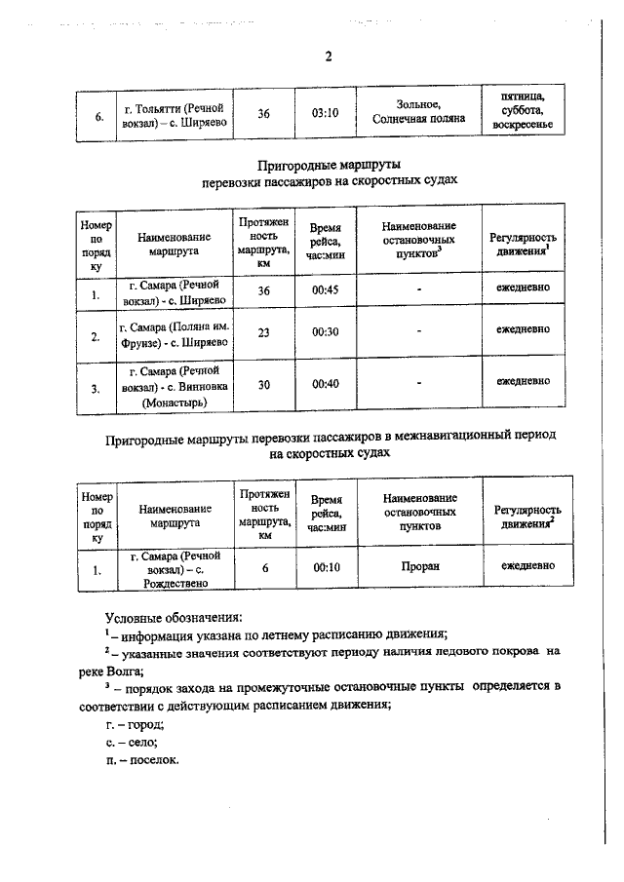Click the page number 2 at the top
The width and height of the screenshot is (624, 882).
point(328,57)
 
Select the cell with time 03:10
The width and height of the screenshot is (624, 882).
point(325,113)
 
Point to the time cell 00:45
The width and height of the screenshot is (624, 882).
point(325,291)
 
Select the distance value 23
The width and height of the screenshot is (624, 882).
point(263,332)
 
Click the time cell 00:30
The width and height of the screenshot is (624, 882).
point(325,332)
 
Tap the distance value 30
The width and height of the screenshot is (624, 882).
point(263,385)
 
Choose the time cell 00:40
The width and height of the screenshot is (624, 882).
point(325,385)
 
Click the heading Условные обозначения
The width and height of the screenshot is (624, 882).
point(173,618)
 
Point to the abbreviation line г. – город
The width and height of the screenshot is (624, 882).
point(135,724)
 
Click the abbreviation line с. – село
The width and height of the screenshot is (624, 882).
point(132,743)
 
